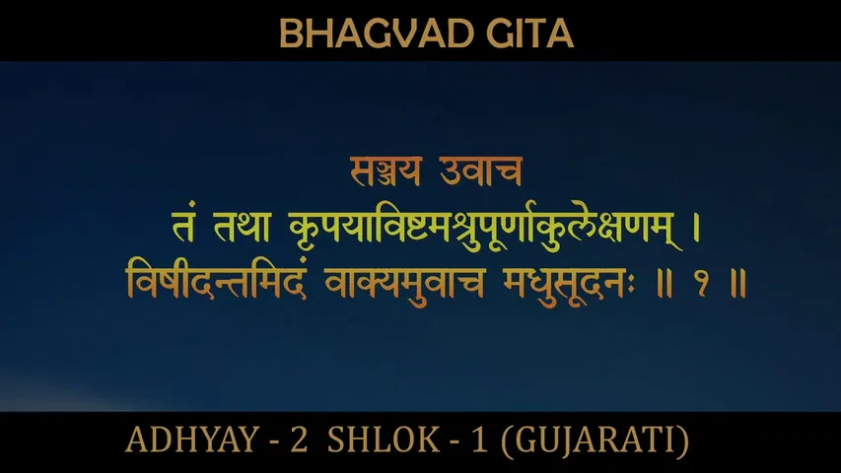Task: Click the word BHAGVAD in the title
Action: (x=354, y=34)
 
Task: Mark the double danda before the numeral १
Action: (x=662, y=283)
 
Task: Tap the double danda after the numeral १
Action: (x=734, y=283)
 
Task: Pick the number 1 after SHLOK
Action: (x=479, y=440)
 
